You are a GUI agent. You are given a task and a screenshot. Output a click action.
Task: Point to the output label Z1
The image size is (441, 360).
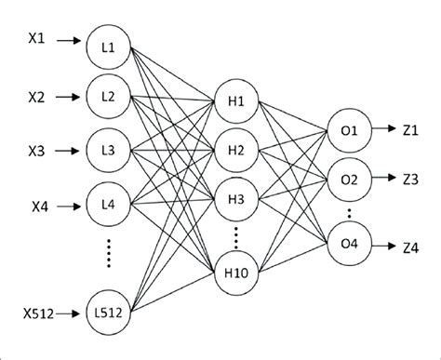coord(412,133)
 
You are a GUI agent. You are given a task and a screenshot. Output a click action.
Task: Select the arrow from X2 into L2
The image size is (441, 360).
coord(71,95)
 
